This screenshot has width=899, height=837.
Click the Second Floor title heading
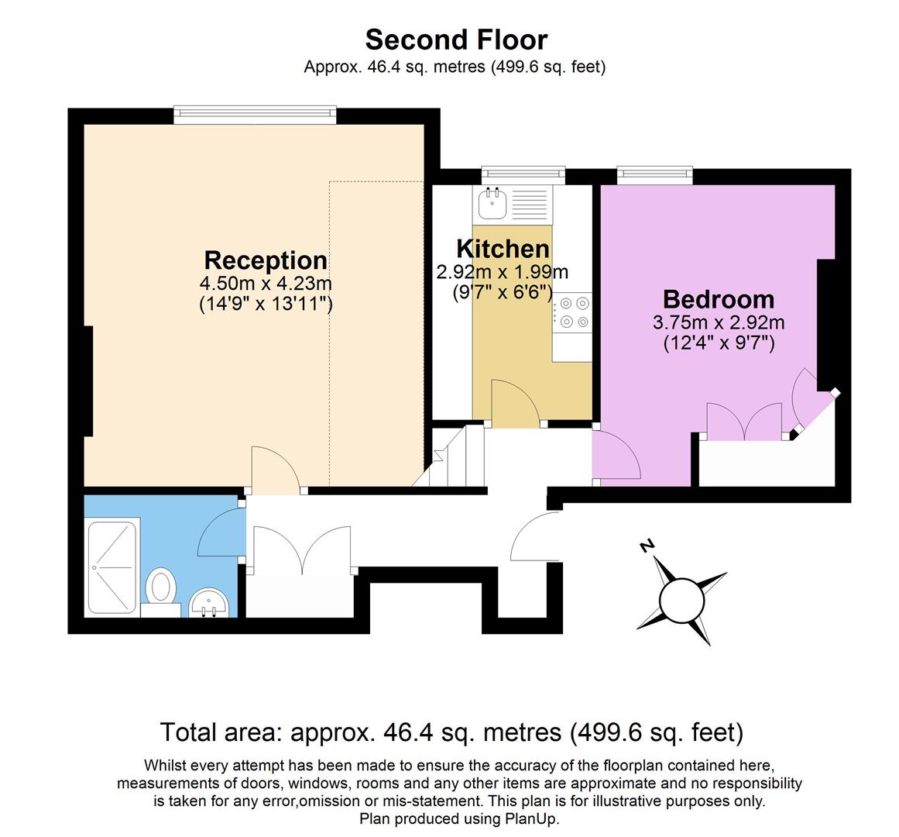tap(456, 39)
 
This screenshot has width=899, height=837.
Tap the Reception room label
tap(266, 260)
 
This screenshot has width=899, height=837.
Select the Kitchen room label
tap(503, 249)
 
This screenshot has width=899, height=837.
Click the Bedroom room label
tap(719, 299)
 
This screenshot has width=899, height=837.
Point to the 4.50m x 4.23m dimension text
tap(266, 283)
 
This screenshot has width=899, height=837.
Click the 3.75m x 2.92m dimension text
tap(719, 322)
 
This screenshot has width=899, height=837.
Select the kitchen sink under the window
tap(492, 205)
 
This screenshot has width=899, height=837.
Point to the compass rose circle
tap(680, 600)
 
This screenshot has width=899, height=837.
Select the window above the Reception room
tap(255, 115)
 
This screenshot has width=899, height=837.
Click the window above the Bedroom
tap(654, 175)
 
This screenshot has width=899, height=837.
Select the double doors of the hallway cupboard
tap(300, 550)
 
